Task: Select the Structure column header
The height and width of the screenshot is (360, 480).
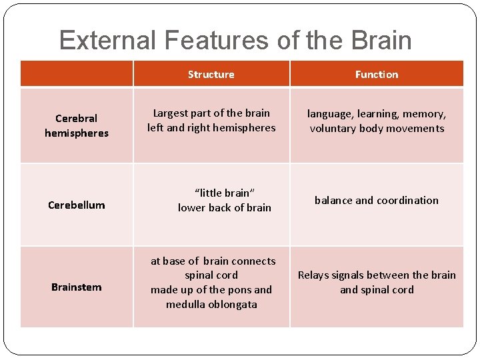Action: [211, 75]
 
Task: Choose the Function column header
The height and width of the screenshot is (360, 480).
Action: [377, 75]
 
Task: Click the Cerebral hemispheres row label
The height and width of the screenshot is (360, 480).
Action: [77, 125]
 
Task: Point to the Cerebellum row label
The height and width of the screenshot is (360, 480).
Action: [77, 205]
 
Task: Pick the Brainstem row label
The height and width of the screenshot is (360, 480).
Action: [77, 287]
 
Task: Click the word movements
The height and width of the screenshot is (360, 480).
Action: [414, 129]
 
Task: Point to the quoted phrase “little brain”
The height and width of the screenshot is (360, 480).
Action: [225, 193]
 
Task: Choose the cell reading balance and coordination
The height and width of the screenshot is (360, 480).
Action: [377, 200]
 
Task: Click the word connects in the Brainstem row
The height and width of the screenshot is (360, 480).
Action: [253, 261]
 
